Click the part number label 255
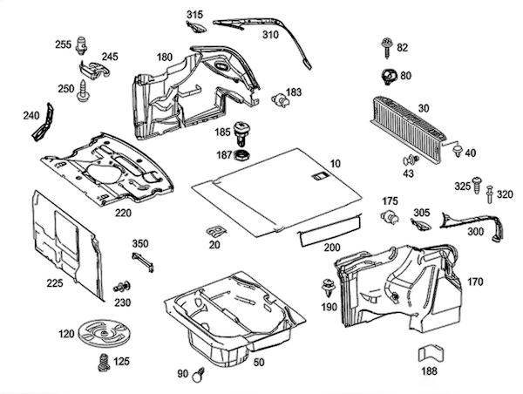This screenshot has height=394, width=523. (x=63, y=44)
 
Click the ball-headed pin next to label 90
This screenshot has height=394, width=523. (x=199, y=374)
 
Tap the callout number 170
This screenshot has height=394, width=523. (x=475, y=282)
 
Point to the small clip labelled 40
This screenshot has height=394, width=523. (x=456, y=153)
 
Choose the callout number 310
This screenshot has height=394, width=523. (x=270, y=36)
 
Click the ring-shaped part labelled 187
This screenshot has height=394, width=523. (x=245, y=155)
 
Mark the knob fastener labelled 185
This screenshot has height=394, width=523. (x=244, y=132)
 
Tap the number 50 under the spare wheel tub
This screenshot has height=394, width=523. (x=259, y=360)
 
